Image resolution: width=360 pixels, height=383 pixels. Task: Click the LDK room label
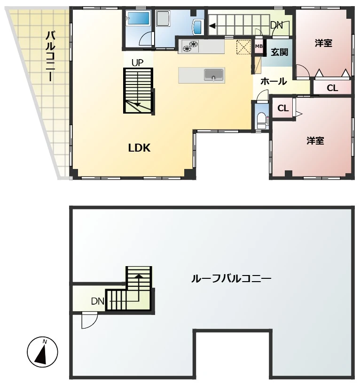coord(139,148)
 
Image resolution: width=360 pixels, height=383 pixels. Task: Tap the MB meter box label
coord(259,46)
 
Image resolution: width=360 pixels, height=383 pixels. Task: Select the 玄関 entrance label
coord(279,52)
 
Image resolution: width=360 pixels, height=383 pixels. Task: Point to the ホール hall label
coord(274,81)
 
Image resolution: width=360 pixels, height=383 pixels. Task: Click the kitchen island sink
coord(213,75)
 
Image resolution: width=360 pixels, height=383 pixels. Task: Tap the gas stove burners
coord(190,46)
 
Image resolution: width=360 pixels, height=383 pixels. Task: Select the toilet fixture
coord(262,120)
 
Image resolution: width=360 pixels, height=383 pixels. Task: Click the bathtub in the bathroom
coord(138,18)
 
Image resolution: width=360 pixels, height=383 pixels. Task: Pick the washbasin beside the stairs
coord(197,27)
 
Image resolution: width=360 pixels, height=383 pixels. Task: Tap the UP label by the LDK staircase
coord(137,63)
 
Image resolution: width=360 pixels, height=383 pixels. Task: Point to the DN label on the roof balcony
coord(98,301)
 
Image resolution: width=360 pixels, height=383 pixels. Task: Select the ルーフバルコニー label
coord(231,278)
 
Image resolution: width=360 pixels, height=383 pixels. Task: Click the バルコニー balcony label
coord(50,56)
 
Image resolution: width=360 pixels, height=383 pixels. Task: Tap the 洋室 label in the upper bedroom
coord(323,43)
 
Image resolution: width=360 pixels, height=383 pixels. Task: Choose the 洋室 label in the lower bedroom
coord(315,141)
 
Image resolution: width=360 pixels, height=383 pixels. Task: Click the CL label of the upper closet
coord(332,88)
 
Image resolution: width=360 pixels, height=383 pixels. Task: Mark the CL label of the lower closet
coord(283,108)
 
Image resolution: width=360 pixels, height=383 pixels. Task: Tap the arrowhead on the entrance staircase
coord(212,26)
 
